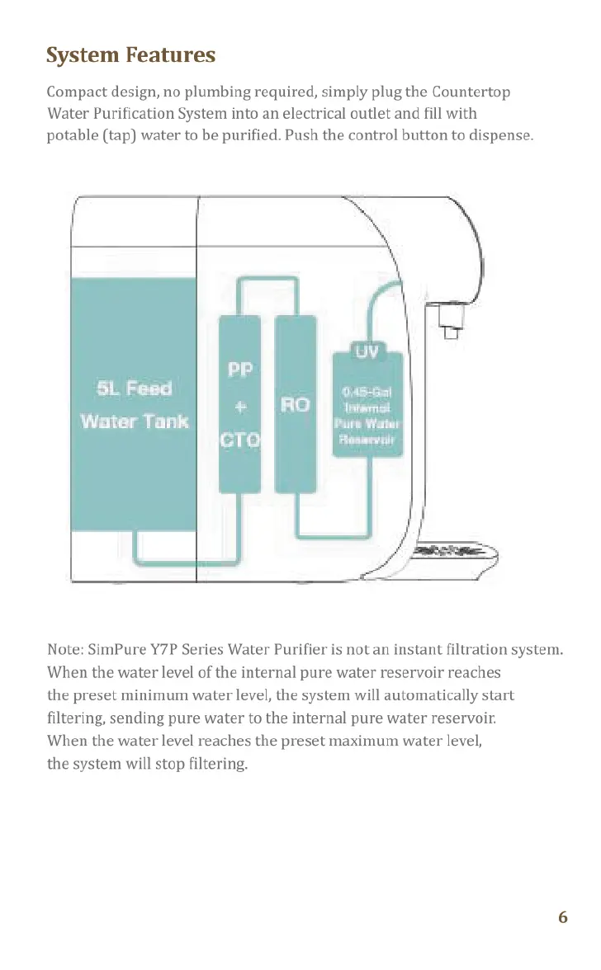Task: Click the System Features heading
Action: tap(131, 55)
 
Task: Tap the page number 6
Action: tap(562, 917)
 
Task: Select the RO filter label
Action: tap(296, 404)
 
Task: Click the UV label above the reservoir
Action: tap(367, 352)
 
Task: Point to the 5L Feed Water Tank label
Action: tap(135, 404)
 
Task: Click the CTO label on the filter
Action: tap(239, 440)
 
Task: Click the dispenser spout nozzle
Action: tap(447, 318)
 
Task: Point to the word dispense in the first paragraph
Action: tap(504, 134)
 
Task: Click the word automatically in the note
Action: tap(412, 695)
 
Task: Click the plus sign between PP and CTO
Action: tap(239, 405)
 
